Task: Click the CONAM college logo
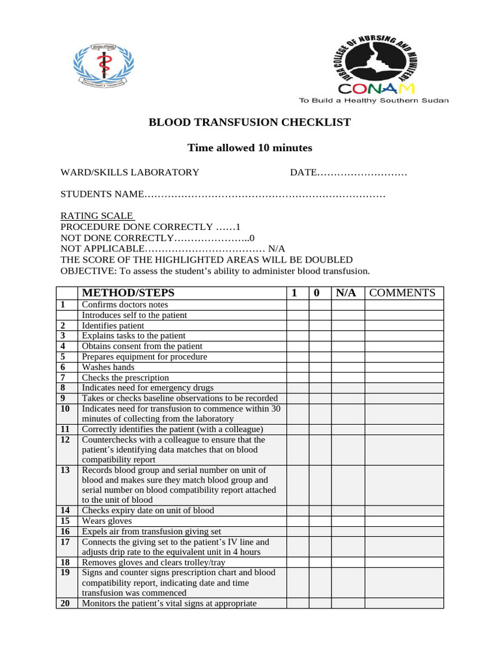click(x=382, y=66)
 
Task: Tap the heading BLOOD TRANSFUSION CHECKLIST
click(x=250, y=122)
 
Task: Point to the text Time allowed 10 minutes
click(x=250, y=148)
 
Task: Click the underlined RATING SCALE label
click(x=97, y=216)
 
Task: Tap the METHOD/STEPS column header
click(x=128, y=293)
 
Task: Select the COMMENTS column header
click(x=402, y=293)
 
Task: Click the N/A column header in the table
click(x=346, y=293)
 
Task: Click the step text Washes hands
click(x=108, y=367)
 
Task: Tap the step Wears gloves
click(x=107, y=521)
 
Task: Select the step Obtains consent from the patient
click(x=142, y=347)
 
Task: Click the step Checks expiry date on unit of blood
click(x=148, y=511)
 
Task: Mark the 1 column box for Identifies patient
click(x=298, y=326)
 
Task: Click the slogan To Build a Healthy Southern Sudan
click(x=373, y=101)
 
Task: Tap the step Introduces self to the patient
click(x=134, y=315)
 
